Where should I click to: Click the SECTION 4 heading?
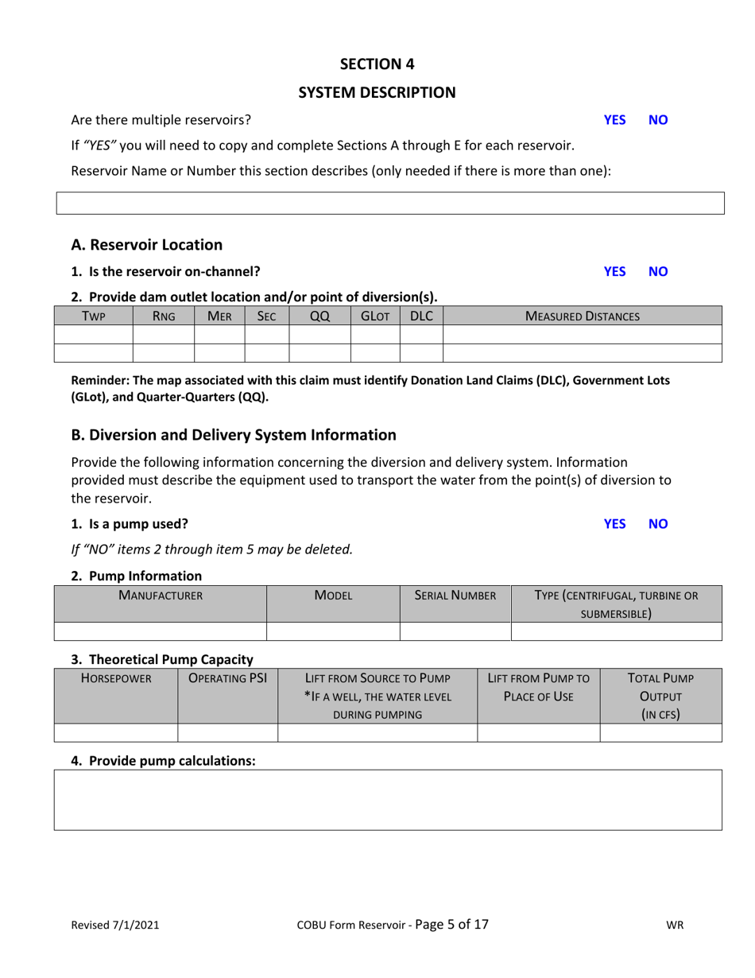(377, 64)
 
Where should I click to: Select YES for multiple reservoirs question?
(614, 120)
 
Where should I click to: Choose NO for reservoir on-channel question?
(658, 271)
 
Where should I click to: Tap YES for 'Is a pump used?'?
(614, 523)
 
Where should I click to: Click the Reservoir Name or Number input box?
(389, 203)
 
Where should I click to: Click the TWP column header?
(93, 316)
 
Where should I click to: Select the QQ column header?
(319, 316)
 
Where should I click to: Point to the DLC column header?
(420, 316)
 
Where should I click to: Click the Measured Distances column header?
(582, 316)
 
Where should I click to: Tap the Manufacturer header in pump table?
(160, 595)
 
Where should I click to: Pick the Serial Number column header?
(455, 595)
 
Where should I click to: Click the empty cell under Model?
(332, 631)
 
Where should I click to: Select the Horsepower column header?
(115, 678)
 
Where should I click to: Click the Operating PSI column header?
(227, 678)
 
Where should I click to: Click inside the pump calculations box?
(388, 799)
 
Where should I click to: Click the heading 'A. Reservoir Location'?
(147, 245)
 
